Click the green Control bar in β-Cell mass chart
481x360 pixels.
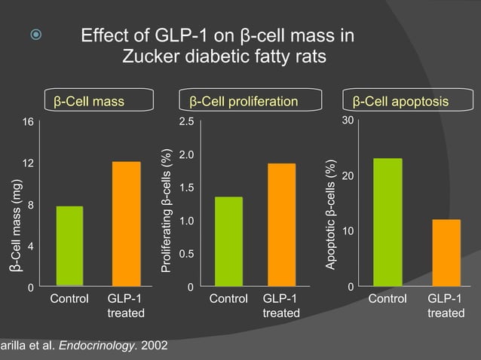(x=69, y=246)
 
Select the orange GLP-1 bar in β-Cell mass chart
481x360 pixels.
(x=127, y=224)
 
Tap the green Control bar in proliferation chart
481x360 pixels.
(x=228, y=242)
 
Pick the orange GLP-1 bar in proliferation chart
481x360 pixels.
(x=281, y=225)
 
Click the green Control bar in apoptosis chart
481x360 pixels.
(x=388, y=222)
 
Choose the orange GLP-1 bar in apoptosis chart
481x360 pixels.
(x=446, y=253)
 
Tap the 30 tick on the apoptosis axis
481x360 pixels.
(x=346, y=121)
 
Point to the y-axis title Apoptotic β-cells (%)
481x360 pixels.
(x=329, y=215)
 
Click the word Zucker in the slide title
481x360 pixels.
(x=149, y=57)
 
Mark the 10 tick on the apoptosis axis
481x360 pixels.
(x=346, y=230)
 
